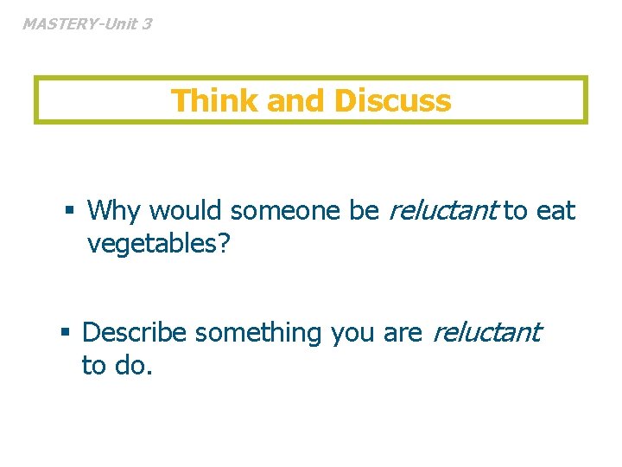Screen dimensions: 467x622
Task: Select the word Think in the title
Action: point(216,101)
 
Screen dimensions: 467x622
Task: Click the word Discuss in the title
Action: point(393,101)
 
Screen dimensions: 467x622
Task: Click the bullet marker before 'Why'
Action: point(71,210)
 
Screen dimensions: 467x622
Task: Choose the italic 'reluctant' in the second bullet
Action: point(486,332)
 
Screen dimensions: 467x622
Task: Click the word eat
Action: point(555,210)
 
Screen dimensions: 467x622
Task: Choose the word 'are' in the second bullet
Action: point(403,332)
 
